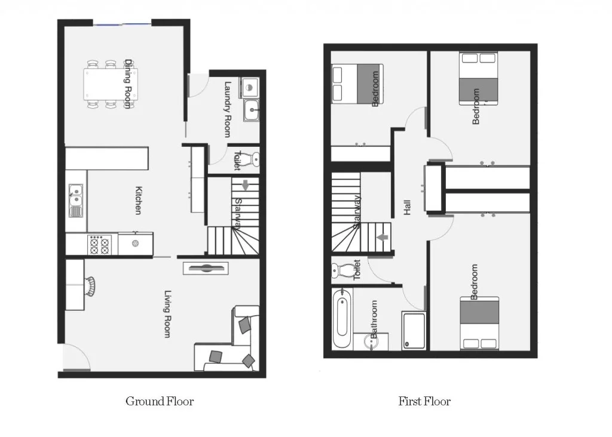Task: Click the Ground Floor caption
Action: tap(160, 401)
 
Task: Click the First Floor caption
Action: tap(424, 401)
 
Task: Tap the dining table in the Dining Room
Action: tap(111, 84)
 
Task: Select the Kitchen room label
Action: tap(138, 201)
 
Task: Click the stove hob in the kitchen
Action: tap(100, 245)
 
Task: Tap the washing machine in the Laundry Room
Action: tap(249, 88)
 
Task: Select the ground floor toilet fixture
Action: tap(253, 159)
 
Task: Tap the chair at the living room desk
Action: tap(90, 286)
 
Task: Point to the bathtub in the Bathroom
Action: tap(341, 318)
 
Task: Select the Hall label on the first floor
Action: tap(408, 207)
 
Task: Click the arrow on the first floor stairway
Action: tap(379, 237)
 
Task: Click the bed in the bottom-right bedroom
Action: tap(479, 323)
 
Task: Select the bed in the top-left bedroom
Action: tap(357, 83)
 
